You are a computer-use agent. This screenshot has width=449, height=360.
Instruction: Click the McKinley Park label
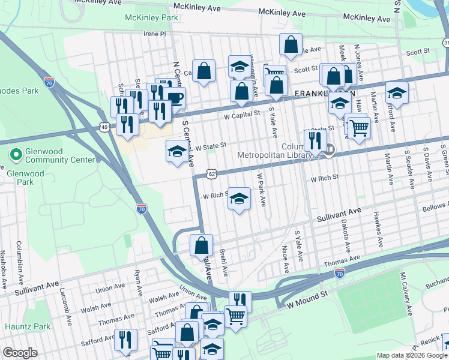(x=151, y=18)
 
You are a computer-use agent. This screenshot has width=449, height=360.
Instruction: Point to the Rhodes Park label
(x=19, y=91)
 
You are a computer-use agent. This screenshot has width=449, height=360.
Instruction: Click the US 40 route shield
(x=104, y=127)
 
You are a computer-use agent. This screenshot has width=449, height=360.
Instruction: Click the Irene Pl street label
(x=154, y=34)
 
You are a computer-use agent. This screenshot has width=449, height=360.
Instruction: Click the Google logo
(x=20, y=353)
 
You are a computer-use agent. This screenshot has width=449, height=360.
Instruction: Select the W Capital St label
(x=241, y=112)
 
